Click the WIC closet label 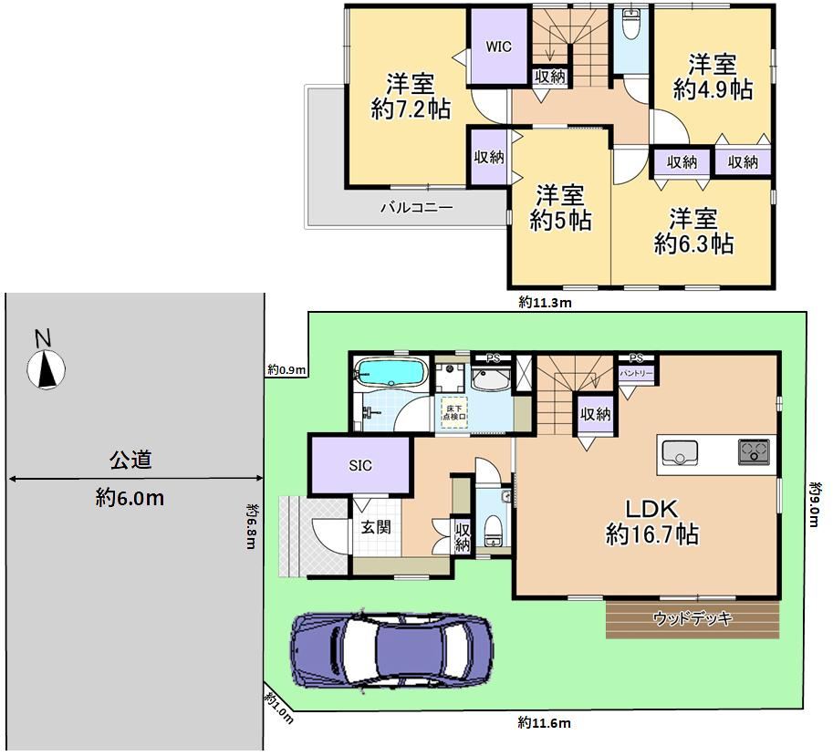tap(498, 47)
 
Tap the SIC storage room tap(360, 466)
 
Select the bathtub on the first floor tap(391, 372)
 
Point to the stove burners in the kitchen tap(754, 452)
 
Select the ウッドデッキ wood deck tap(692, 619)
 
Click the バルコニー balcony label tap(416, 207)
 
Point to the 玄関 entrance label tap(376, 527)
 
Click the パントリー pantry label tap(636, 373)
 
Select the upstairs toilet tap(630, 25)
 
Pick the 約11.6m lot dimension tap(544, 722)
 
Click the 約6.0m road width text tap(130, 498)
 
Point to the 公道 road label tap(130, 460)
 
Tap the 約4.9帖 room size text tap(713, 89)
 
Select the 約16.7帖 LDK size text tap(651, 534)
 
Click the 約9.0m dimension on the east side tap(814, 503)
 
